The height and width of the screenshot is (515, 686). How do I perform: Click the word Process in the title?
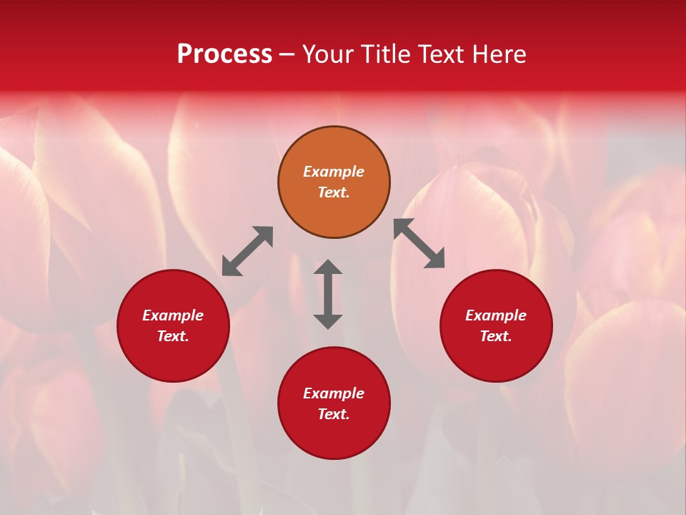pos(224,54)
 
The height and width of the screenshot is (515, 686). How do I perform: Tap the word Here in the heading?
pos(496,54)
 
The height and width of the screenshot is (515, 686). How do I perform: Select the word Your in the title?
pos(330,54)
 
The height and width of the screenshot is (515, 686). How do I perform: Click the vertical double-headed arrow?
pos(328,294)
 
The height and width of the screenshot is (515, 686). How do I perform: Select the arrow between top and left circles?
pos(247,250)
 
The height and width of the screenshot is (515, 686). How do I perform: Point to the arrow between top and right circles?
pos(419,243)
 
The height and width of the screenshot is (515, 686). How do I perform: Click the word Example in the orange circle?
pos(334,172)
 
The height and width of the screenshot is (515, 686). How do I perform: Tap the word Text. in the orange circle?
pos(334,192)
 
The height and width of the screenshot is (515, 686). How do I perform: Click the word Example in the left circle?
pos(173,315)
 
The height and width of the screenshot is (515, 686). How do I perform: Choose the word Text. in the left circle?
pos(173,336)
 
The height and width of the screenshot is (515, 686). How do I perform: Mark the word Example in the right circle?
pos(496,315)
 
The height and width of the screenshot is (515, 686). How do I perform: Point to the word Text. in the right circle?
pos(496,336)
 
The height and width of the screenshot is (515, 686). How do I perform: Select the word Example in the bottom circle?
pos(334,393)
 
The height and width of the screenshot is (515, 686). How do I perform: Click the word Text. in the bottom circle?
pos(334,414)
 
